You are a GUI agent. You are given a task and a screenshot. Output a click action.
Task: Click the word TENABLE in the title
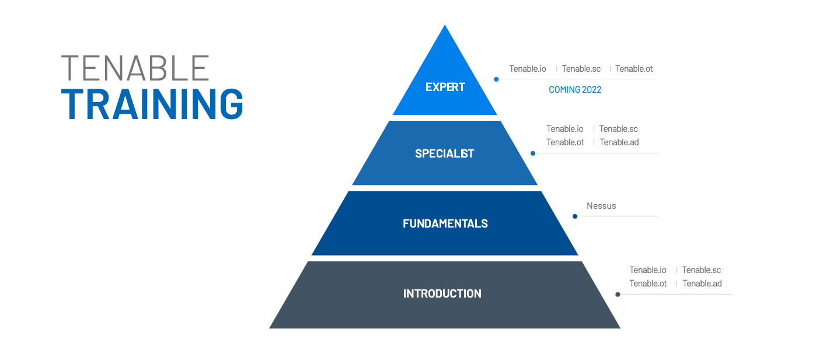(x=135, y=68)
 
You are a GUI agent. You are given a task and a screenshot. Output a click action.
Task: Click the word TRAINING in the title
(x=152, y=105)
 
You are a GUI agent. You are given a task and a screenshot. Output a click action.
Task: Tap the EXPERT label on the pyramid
(x=445, y=87)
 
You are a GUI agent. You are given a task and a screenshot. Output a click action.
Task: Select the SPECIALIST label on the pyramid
(x=445, y=153)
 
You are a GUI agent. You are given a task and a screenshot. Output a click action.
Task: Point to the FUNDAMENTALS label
(x=445, y=223)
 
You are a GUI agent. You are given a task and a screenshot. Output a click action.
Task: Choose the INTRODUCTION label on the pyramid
(x=442, y=293)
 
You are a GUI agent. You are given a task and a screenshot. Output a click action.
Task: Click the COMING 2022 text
(x=575, y=90)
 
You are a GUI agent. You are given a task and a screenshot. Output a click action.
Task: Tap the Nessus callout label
(x=601, y=206)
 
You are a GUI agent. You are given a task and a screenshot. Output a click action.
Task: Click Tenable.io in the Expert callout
(x=528, y=69)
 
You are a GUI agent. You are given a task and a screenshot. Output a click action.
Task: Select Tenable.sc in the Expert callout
(x=581, y=69)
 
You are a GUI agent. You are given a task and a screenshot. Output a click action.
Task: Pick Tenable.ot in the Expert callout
(x=634, y=69)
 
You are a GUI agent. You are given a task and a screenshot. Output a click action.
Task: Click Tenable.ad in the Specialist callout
(x=619, y=142)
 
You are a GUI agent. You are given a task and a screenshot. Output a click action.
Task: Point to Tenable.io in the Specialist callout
(x=564, y=129)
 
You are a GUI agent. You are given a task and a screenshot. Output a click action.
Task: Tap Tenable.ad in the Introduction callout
(x=702, y=284)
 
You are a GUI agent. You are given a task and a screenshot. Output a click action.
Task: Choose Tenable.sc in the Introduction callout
(x=702, y=270)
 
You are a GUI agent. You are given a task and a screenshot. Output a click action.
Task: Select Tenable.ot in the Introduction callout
(x=648, y=284)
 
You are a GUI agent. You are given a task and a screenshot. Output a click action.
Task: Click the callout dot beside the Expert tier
(x=496, y=79)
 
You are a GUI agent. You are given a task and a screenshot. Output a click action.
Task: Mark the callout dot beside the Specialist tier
(x=533, y=153)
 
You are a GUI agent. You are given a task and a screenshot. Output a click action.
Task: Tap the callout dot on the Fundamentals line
(x=575, y=216)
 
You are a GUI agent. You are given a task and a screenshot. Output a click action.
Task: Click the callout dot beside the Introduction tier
(x=618, y=295)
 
